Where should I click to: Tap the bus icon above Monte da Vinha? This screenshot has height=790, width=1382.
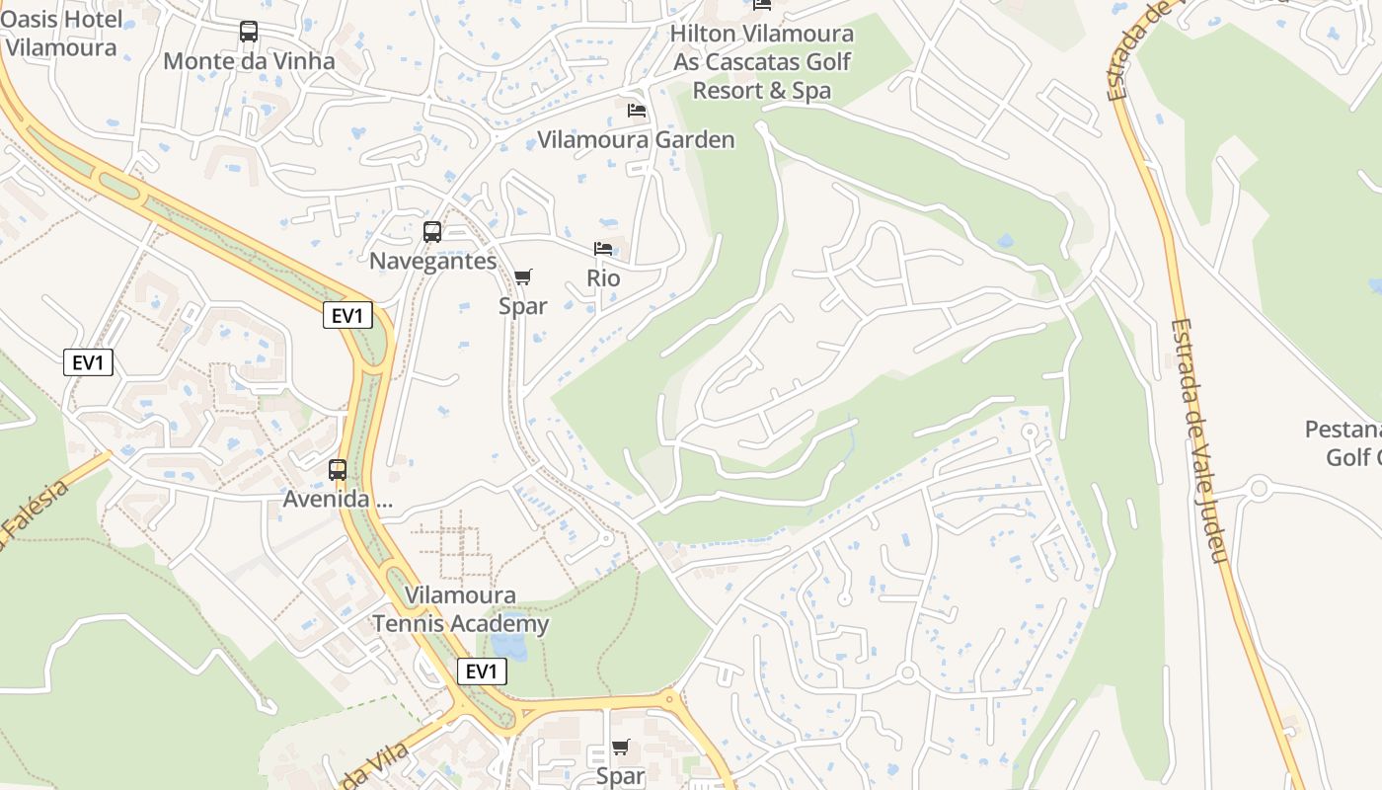tap(249, 32)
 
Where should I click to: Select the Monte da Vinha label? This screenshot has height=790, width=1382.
tap(249, 61)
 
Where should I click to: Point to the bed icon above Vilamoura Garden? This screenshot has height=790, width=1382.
tap(637, 110)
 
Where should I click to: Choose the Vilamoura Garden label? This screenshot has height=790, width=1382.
tap(636, 140)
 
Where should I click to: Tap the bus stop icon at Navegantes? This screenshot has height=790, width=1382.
tap(432, 232)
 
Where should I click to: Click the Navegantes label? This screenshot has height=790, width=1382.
tap(432, 262)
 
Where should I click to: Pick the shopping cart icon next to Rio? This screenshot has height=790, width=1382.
tap(523, 276)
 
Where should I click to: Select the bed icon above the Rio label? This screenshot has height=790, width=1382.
tap(603, 248)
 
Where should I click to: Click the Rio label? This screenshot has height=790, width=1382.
tap(603, 278)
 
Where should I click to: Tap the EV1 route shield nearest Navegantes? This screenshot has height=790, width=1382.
tap(348, 316)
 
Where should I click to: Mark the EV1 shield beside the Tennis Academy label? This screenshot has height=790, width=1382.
tap(482, 672)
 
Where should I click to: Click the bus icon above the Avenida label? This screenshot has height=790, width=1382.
tap(338, 470)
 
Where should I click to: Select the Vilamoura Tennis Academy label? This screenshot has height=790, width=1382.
tap(460, 610)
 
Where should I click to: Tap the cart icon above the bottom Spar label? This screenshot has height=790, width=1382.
tap(621, 748)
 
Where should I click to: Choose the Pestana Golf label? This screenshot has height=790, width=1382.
tap(1343, 443)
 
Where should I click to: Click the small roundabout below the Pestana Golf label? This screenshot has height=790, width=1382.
tap(1258, 488)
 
